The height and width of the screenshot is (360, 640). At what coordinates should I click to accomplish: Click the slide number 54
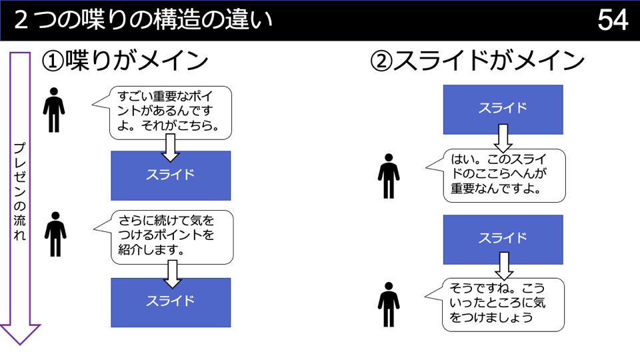click(x=613, y=21)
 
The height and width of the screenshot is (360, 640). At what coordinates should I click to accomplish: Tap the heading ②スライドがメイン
click(x=477, y=62)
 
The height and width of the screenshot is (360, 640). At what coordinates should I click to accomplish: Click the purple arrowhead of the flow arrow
click(x=20, y=333)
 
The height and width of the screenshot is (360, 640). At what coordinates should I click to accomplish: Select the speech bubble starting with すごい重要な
click(x=170, y=112)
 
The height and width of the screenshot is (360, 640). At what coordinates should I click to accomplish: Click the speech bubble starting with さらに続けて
click(x=172, y=236)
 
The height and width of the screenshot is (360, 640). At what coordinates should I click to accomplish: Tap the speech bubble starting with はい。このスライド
click(x=504, y=175)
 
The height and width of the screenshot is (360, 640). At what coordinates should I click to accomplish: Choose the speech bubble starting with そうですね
click(x=503, y=304)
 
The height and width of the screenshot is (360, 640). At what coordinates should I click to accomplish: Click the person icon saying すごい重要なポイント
click(x=54, y=109)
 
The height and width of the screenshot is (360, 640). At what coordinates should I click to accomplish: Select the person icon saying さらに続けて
click(x=55, y=234)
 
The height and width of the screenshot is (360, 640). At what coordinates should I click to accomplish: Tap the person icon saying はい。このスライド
click(x=388, y=176)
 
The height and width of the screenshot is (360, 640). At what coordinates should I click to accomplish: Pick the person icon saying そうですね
click(x=387, y=305)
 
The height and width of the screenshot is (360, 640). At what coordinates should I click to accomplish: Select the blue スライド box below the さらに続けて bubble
click(x=171, y=302)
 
